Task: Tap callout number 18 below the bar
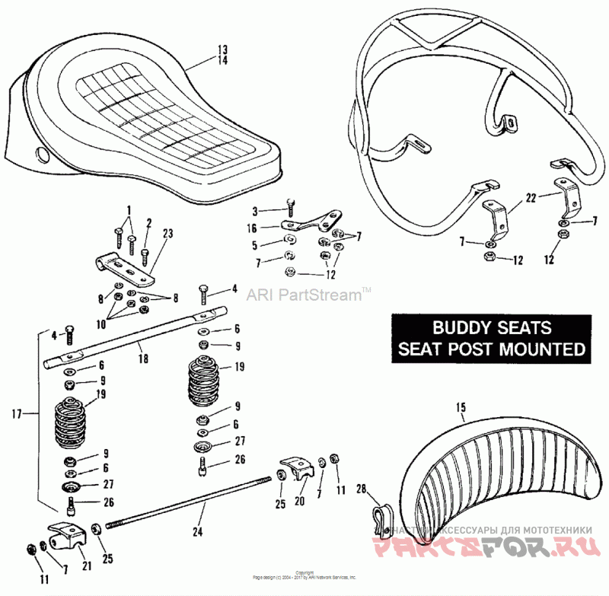[144, 357]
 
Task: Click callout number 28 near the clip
[361, 489]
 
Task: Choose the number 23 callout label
[167, 234]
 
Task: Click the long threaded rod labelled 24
[190, 502]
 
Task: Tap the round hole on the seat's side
[41, 155]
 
